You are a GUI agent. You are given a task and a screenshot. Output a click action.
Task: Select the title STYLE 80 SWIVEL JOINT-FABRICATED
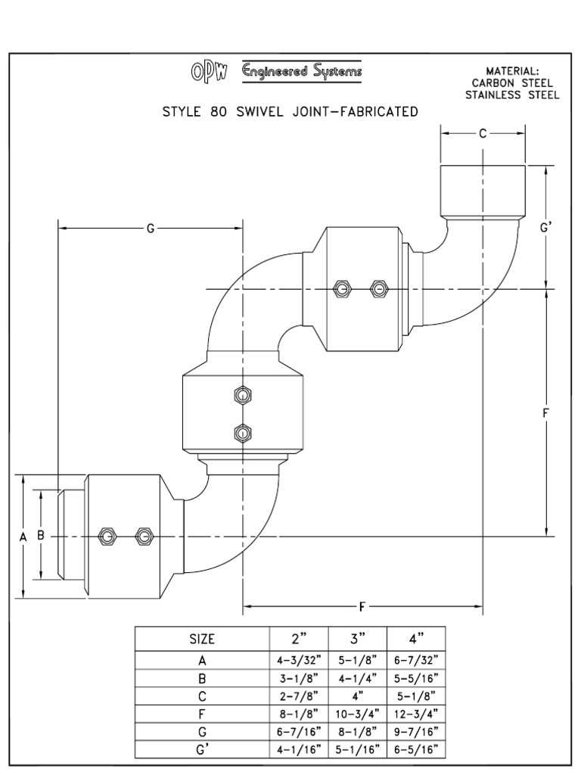290,112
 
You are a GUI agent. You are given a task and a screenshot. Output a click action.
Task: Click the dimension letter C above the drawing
483,133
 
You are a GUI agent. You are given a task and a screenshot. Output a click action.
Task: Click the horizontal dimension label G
150,228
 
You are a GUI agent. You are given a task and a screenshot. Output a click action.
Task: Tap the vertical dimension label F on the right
545,412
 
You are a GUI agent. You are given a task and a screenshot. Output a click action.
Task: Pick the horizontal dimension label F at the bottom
363,606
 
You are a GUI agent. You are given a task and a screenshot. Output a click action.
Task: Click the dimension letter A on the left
23,536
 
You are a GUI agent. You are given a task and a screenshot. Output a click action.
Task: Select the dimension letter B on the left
42,535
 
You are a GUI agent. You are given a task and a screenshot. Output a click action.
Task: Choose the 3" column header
357,638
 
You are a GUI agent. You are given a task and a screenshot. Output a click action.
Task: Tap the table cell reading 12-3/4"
415,714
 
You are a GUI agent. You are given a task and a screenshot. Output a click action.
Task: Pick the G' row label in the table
202,750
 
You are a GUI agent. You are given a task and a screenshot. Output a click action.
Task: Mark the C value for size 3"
357,696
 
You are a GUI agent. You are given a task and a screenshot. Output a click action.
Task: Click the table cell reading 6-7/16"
298,732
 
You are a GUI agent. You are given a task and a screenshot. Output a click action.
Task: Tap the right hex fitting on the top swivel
379,288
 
